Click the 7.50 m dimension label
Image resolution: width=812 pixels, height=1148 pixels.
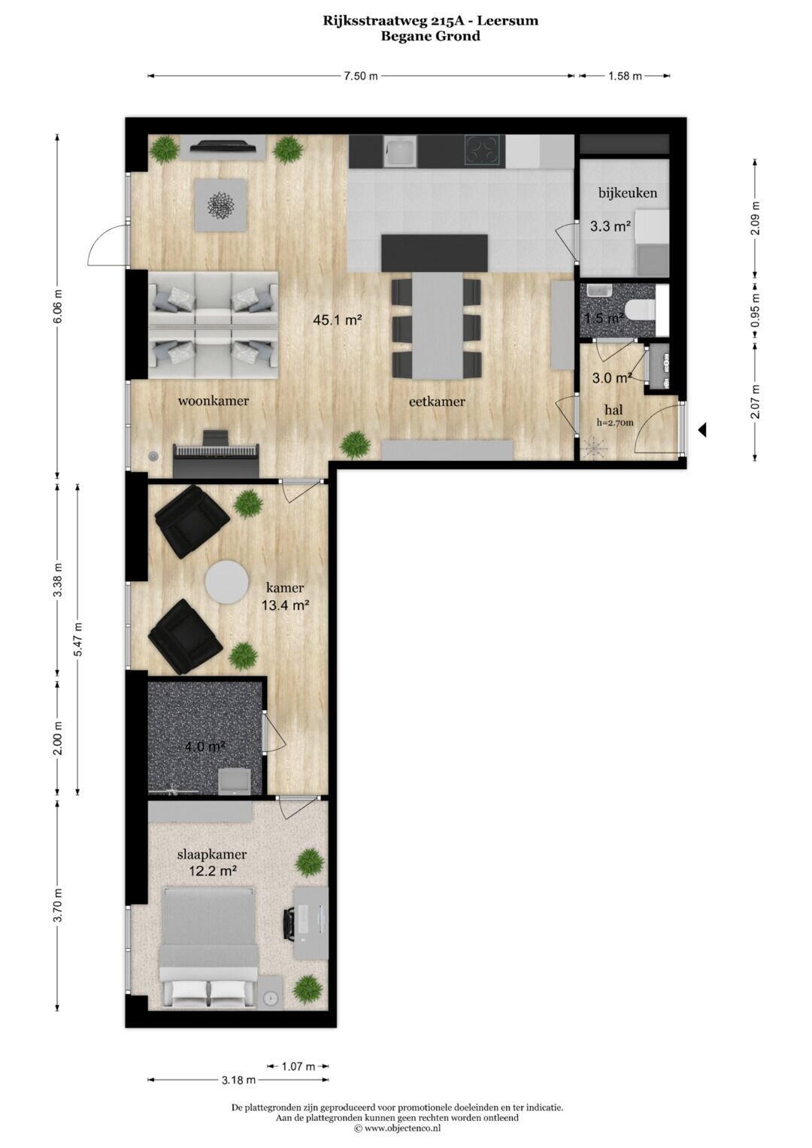[361, 77]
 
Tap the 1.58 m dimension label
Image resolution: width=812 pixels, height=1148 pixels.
[625, 77]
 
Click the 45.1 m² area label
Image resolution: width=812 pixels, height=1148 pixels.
[338, 320]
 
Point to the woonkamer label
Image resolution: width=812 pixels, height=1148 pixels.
[214, 401]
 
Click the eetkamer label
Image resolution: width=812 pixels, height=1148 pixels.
[437, 401]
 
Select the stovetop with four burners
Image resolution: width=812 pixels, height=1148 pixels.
[482, 150]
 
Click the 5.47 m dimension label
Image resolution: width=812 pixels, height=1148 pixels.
[78, 638]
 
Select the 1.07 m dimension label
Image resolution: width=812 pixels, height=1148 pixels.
[298, 1067]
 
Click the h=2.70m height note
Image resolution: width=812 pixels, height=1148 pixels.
[615, 423]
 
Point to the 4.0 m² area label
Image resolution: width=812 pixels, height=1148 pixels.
[205, 747]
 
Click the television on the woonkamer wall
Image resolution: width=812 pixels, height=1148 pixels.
[223, 146]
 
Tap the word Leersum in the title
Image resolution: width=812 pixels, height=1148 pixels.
[508, 21]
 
